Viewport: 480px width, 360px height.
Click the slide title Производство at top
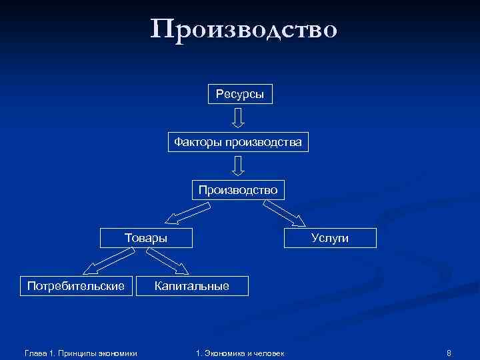(244, 29)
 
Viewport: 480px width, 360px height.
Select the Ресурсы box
(239, 95)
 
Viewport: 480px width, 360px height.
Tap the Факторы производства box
(238, 142)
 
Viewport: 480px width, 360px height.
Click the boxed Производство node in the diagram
(238, 190)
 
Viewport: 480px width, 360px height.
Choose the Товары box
(146, 238)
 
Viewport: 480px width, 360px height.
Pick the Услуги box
(330, 238)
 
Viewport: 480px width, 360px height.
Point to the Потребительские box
(76, 286)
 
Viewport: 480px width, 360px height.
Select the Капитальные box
(192, 286)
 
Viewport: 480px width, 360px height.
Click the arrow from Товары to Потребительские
(107, 261)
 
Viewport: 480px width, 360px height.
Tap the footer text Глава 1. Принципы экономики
(80, 352)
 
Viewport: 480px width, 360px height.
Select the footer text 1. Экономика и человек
(240, 352)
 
